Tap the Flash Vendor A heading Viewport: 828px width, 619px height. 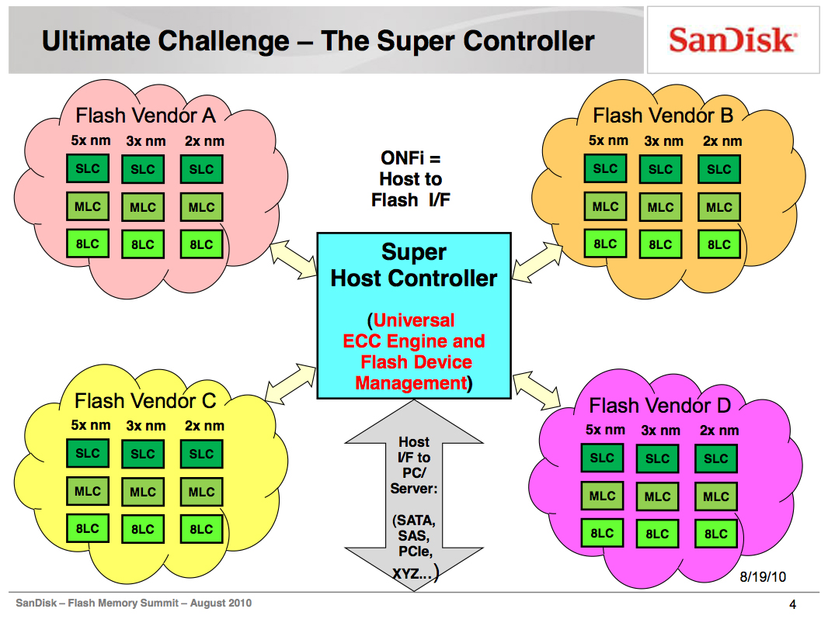[x=145, y=116]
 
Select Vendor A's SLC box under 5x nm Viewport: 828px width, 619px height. [x=88, y=169]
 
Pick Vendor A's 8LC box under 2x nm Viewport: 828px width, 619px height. [x=201, y=244]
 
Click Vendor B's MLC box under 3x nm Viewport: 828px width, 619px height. [x=660, y=207]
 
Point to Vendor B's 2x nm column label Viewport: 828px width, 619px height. [x=722, y=141]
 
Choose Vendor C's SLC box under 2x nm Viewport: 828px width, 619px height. [x=201, y=454]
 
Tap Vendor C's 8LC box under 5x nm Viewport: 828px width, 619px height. [x=88, y=528]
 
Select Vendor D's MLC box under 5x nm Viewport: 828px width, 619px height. [x=602, y=496]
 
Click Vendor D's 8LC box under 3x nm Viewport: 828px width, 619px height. [x=657, y=534]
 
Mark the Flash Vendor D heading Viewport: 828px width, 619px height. [x=659, y=406]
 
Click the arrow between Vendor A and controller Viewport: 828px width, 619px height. [x=294, y=259]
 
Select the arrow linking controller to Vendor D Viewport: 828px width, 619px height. [x=537, y=390]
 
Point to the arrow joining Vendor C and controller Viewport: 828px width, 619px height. [x=290, y=383]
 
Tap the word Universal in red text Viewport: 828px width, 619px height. [x=414, y=320]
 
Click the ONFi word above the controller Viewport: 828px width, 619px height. [x=402, y=157]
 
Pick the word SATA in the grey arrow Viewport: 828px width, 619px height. [x=415, y=520]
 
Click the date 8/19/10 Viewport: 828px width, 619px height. [x=763, y=577]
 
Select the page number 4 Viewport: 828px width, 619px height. [x=792, y=604]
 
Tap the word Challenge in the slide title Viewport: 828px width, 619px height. [x=224, y=41]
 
